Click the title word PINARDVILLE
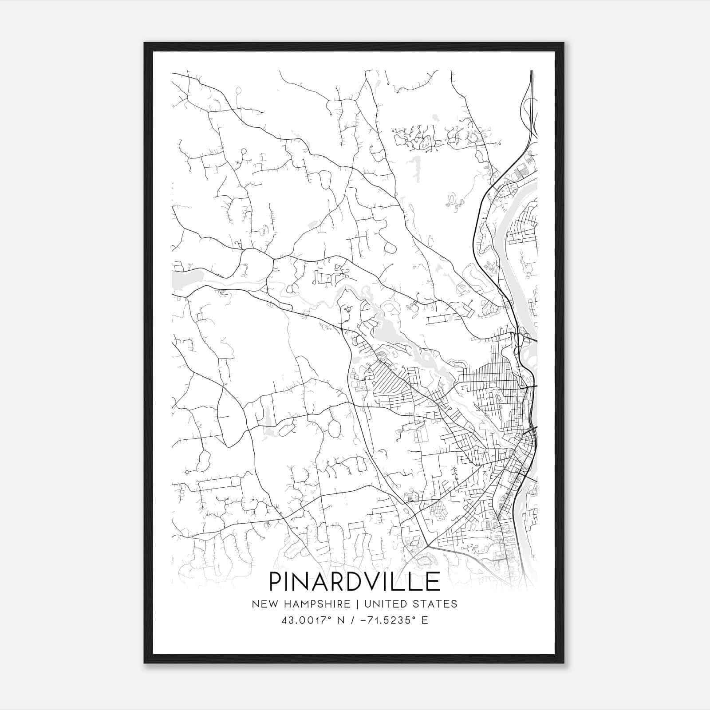pyautogui.click(x=354, y=582)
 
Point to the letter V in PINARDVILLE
pyautogui.click(x=372, y=582)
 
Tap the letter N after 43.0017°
pyautogui.click(x=341, y=620)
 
